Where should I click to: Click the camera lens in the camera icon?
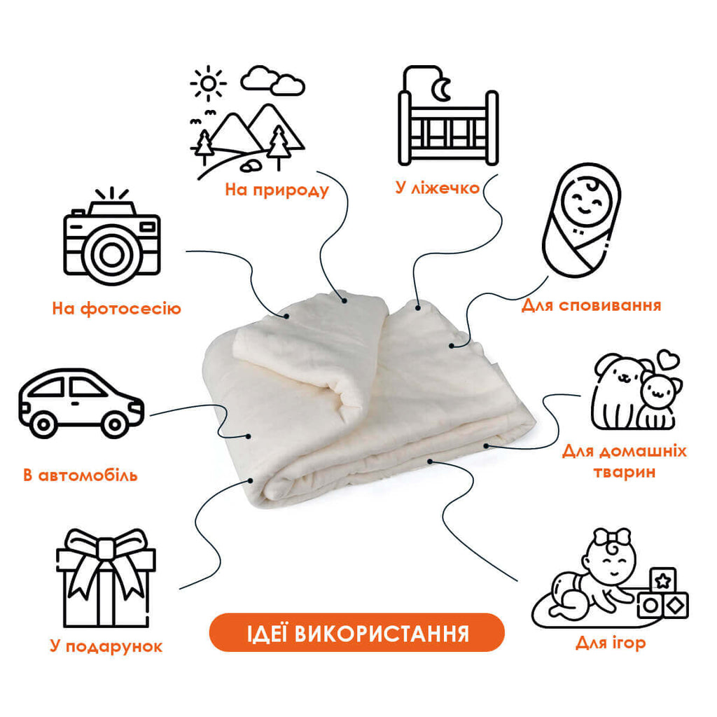tap(111, 255)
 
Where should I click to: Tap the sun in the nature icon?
tap(208, 83)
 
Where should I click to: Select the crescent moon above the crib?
tap(443, 90)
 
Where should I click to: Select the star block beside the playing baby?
tap(662, 580)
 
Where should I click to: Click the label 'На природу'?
tap(277, 190)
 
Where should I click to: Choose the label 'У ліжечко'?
tap(438, 188)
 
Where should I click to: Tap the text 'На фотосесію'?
tap(117, 309)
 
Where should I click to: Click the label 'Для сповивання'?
tap(591, 305)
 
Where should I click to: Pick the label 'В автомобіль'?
tap(81, 475)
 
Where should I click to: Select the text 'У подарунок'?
tap(106, 646)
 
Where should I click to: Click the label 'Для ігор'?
tap(611, 643)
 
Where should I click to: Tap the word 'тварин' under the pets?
tap(625, 472)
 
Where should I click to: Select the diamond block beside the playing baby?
tap(675, 606)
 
